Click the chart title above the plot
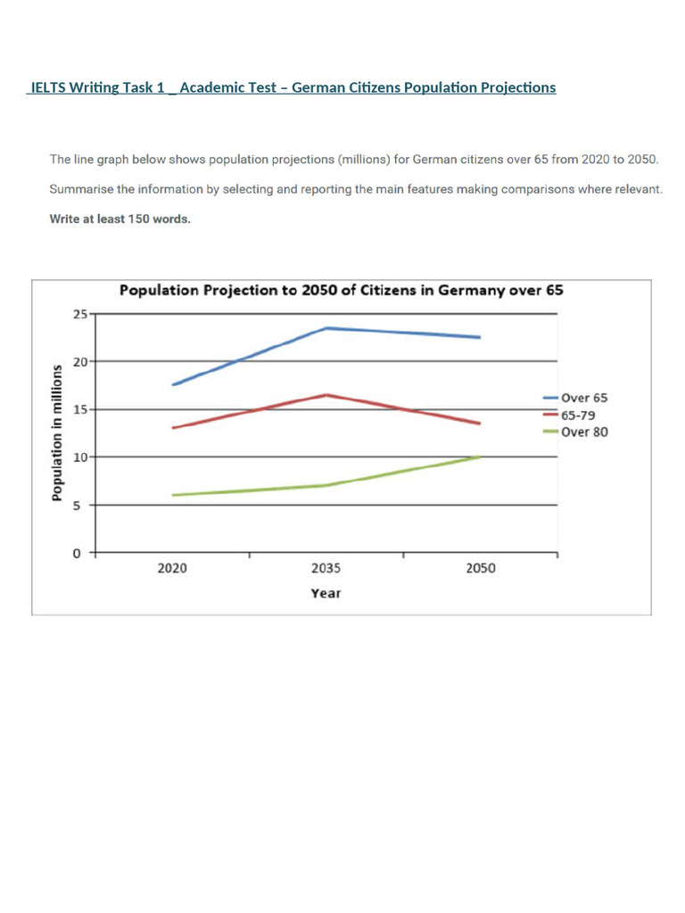(341, 291)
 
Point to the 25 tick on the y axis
(80, 314)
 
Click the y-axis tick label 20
(80, 362)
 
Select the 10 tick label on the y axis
(80, 457)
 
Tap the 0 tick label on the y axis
(78, 553)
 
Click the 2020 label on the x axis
(172, 569)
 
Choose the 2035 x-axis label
(326, 569)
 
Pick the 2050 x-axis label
(481, 569)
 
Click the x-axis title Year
(326, 593)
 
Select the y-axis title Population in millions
(56, 432)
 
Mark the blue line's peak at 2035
(326, 328)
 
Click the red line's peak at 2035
(326, 395)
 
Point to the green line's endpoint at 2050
(480, 456)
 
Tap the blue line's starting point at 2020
(173, 384)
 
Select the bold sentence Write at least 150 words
(120, 219)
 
